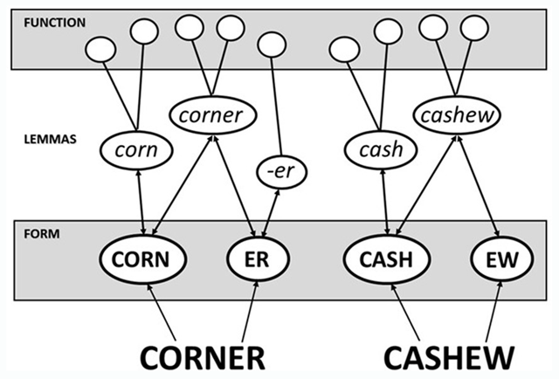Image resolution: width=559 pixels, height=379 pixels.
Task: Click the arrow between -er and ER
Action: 269,212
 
